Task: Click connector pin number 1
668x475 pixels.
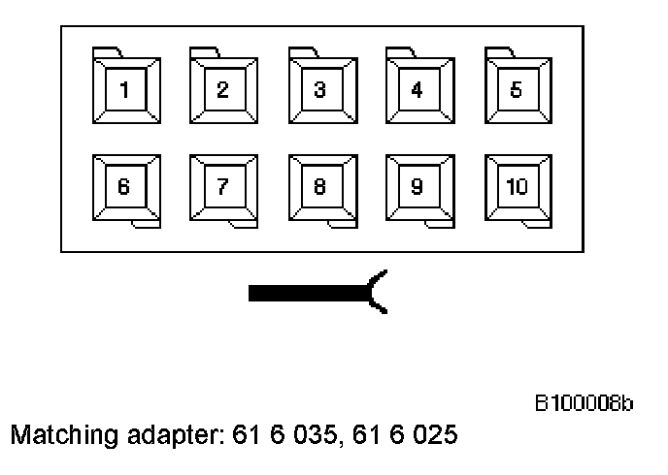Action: click(125, 90)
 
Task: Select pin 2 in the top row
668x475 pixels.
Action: click(223, 90)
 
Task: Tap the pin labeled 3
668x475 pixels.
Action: click(320, 90)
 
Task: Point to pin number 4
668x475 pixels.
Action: click(417, 90)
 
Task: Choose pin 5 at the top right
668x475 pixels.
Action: click(517, 90)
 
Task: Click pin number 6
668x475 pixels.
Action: click(125, 187)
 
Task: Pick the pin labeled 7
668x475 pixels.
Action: click(223, 187)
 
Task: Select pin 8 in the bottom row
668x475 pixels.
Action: click(320, 187)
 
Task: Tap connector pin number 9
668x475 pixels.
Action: click(417, 187)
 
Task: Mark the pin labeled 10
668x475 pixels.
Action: click(517, 187)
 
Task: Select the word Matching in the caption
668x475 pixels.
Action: click(54, 435)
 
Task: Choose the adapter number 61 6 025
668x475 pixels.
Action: click(405, 435)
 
